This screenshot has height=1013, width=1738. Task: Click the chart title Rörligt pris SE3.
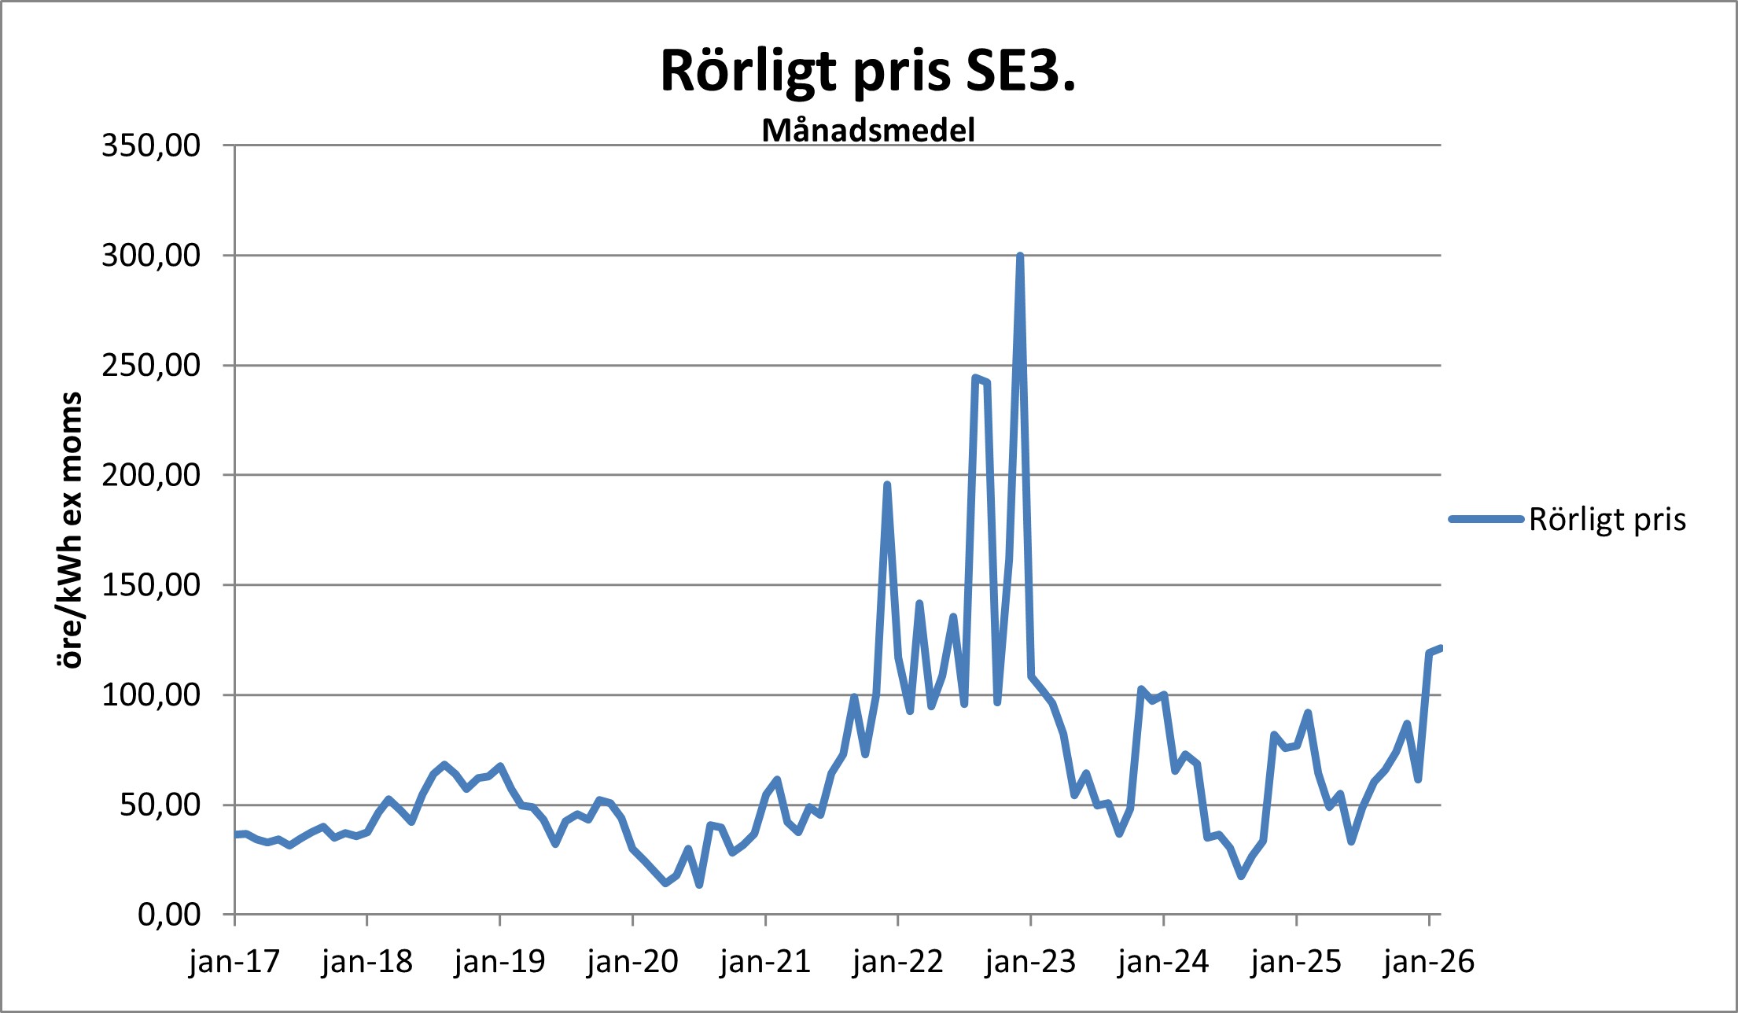click(x=867, y=72)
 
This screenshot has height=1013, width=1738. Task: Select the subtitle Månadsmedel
click(x=868, y=131)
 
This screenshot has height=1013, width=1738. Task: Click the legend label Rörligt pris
click(x=1607, y=520)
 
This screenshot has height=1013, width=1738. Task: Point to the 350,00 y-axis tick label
click(x=151, y=146)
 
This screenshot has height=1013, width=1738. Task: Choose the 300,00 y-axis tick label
click(x=151, y=256)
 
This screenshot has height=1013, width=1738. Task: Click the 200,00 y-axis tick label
click(x=151, y=475)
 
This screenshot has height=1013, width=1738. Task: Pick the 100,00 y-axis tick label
click(x=151, y=695)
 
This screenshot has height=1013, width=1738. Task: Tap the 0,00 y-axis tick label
click(x=169, y=915)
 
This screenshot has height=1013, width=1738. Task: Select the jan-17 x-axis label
click(x=234, y=962)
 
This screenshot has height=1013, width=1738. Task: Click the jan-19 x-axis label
click(x=499, y=962)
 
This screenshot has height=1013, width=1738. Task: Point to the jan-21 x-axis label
click(x=765, y=962)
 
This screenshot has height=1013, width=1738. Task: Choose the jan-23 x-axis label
click(x=1030, y=962)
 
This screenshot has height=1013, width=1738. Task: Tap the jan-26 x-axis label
click(x=1429, y=962)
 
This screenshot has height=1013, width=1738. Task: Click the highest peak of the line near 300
click(x=1020, y=256)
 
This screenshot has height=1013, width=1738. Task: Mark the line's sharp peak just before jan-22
click(x=887, y=485)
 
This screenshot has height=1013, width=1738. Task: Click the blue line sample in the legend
click(x=1486, y=519)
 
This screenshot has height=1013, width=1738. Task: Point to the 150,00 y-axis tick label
click(x=151, y=585)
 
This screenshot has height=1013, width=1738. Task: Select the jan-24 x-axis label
click(x=1163, y=962)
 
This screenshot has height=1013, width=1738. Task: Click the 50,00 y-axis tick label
click(x=160, y=805)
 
